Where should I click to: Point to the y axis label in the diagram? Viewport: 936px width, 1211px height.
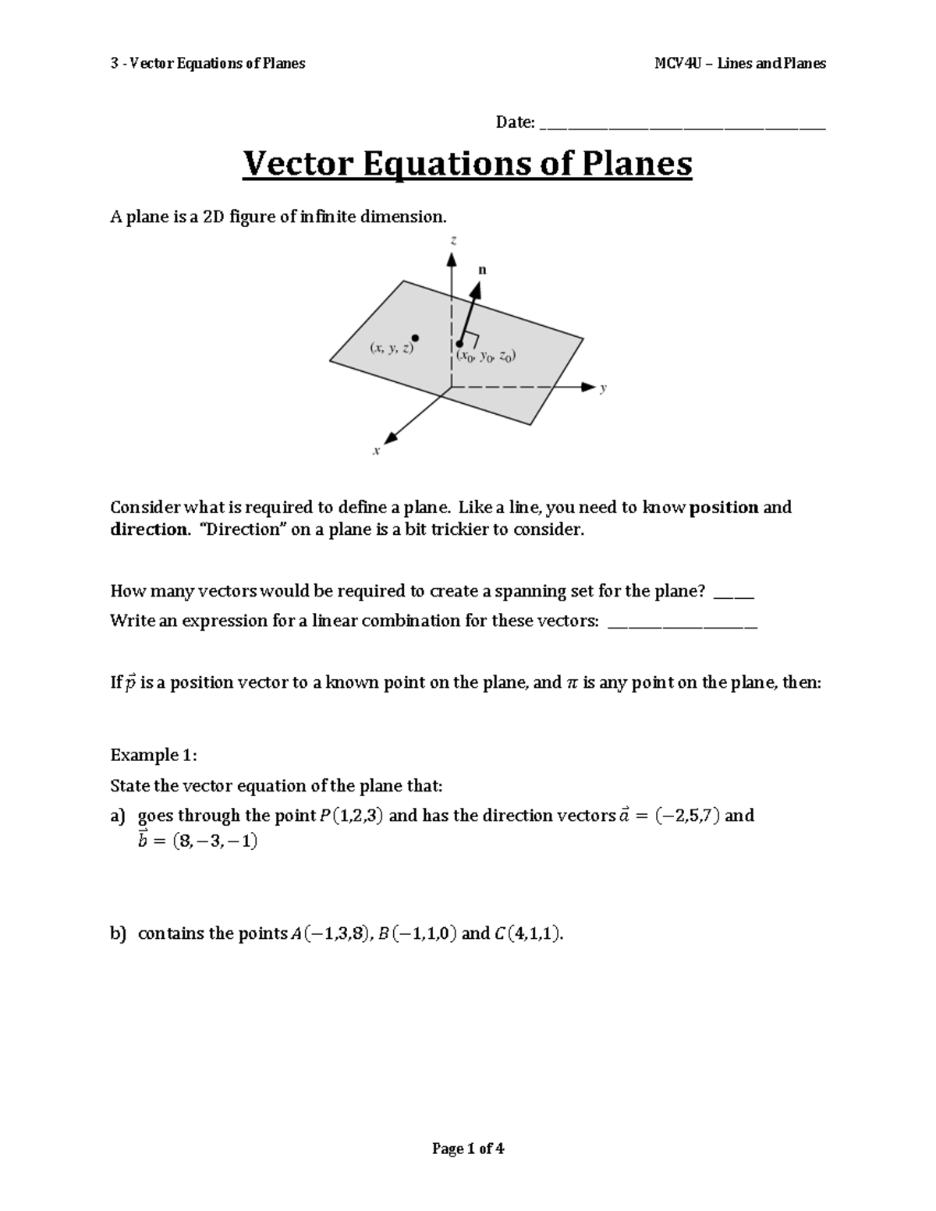pyautogui.click(x=603, y=388)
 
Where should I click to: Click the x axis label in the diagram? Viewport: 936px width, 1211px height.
pyautogui.click(x=376, y=451)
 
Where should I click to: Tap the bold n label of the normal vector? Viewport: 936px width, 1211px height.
pyautogui.click(x=482, y=270)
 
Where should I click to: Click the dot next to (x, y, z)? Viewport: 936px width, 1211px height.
pyautogui.click(x=416, y=338)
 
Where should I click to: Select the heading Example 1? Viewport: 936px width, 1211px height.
pyautogui.click(x=154, y=755)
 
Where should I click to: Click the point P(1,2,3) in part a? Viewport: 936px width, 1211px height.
pyautogui.click(x=351, y=816)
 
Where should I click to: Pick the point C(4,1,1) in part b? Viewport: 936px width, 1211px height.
pyautogui.click(x=527, y=933)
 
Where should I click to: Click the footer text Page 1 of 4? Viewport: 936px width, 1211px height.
pyautogui.click(x=468, y=1149)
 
